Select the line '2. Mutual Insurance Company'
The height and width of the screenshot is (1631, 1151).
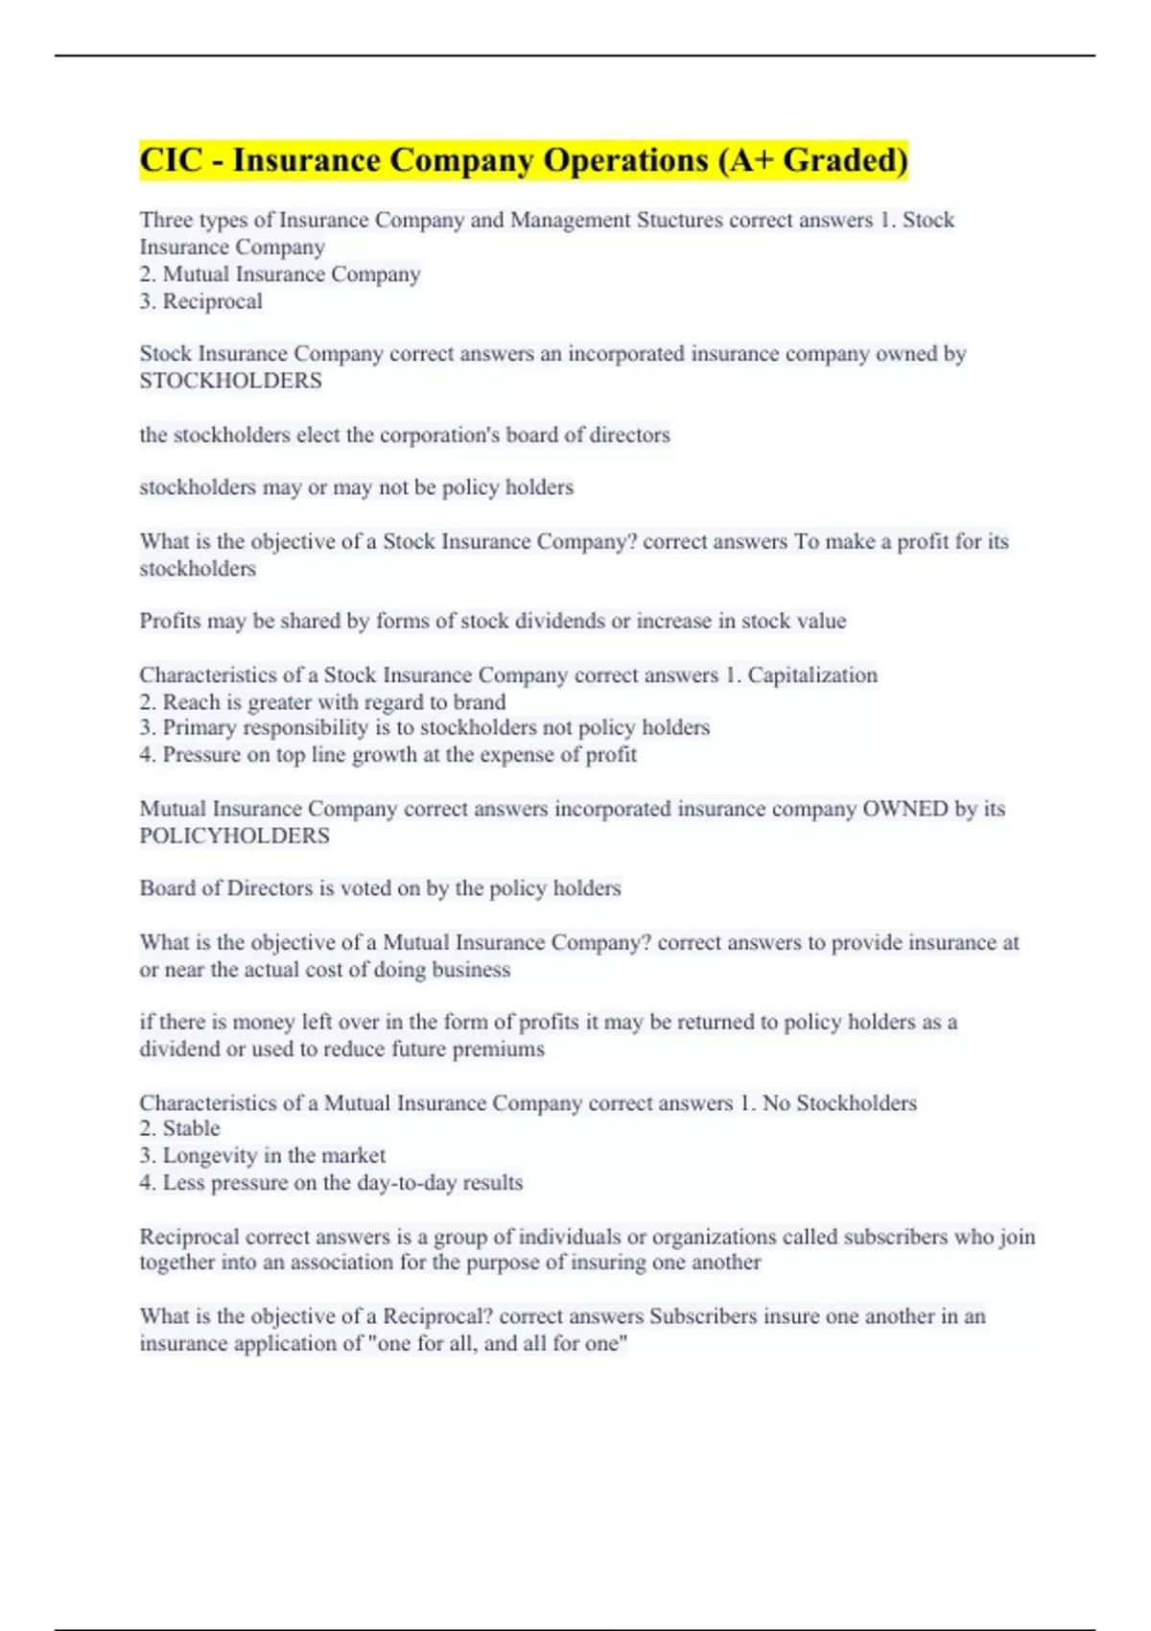click(x=280, y=274)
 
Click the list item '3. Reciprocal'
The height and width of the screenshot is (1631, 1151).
click(x=200, y=301)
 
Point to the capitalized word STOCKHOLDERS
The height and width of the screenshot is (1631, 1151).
click(x=230, y=381)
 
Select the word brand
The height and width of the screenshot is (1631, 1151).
click(x=480, y=702)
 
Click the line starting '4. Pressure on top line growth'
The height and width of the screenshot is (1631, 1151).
click(x=388, y=755)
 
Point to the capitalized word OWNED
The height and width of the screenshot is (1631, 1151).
click(x=905, y=809)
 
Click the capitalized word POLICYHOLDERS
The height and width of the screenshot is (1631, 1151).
click(x=234, y=836)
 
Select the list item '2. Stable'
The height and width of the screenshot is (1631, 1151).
click(x=179, y=1128)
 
